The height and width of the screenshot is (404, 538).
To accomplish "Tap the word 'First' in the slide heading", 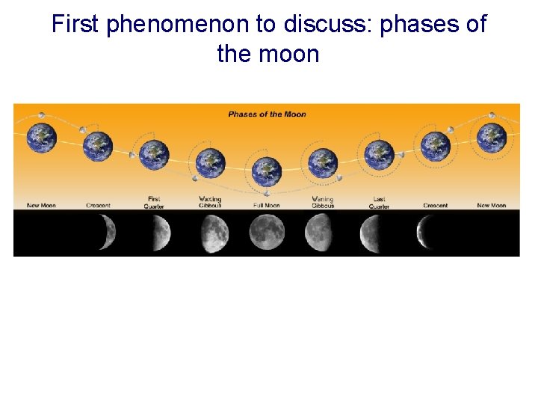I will (75, 24).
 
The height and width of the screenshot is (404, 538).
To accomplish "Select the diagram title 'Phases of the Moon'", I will (267, 114).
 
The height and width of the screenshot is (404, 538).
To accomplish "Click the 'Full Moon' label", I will (266, 206).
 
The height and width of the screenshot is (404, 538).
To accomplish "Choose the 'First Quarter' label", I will (154, 203).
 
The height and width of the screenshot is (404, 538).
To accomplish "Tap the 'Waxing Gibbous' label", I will (210, 203).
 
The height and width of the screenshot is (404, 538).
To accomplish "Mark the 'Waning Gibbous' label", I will (323, 203).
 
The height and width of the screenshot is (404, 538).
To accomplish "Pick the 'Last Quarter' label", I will (379, 203).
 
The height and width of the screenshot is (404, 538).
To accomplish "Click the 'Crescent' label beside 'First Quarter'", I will (99, 206).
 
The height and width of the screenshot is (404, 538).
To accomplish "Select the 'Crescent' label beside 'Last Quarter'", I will (435, 206).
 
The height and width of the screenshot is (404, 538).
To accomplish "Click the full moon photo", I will (267, 233).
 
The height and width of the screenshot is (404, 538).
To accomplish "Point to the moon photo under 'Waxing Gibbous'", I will (213, 233).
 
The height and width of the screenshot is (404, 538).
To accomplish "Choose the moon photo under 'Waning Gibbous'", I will (319, 233).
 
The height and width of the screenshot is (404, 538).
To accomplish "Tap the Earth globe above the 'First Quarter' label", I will (155, 155).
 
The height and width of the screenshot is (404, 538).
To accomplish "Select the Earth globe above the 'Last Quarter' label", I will (379, 155).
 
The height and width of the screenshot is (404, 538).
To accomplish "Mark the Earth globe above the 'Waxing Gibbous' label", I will (210, 163).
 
